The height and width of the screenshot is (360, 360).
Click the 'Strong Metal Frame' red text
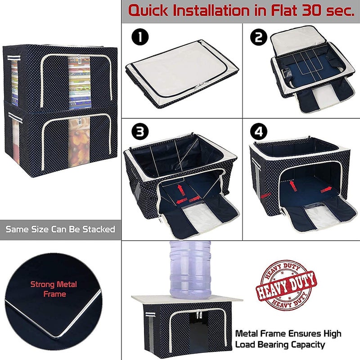(x=54, y=289)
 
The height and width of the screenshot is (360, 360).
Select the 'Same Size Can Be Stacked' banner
(x=60, y=229)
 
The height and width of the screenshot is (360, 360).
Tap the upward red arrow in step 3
(x=180, y=186)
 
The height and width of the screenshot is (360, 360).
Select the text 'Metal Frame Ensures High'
(x=288, y=334)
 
